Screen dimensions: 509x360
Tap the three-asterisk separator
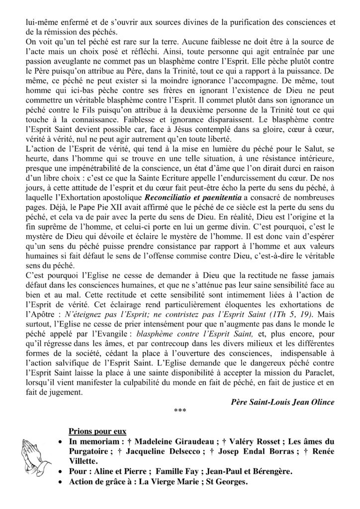pos(180,410)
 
